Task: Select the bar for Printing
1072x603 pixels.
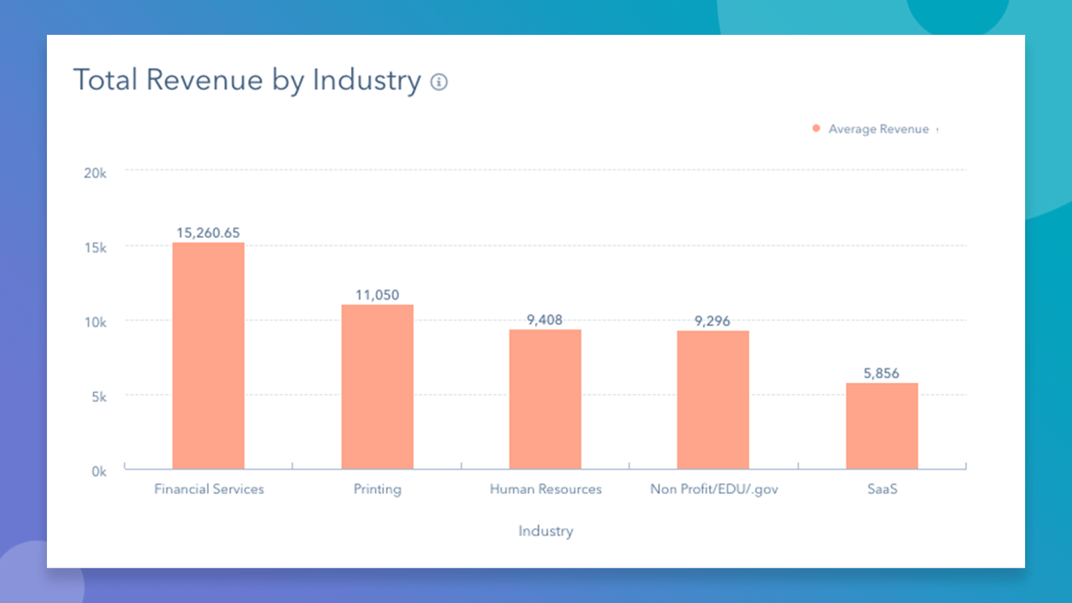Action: pyautogui.click(x=377, y=387)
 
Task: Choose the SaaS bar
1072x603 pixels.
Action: pyautogui.click(x=882, y=425)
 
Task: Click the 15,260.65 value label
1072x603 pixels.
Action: pyautogui.click(x=208, y=232)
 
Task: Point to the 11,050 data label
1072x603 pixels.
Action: pyautogui.click(x=377, y=295)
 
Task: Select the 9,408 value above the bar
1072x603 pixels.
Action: pyautogui.click(x=545, y=320)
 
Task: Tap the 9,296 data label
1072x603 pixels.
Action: pyautogui.click(x=712, y=321)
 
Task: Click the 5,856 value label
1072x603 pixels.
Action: pyautogui.click(x=881, y=373)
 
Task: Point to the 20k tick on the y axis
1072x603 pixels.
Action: pyautogui.click(x=95, y=173)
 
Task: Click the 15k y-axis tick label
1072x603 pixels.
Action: pyautogui.click(x=95, y=248)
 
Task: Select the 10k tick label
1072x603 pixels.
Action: pyautogui.click(x=95, y=322)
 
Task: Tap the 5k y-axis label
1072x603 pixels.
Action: pyautogui.click(x=99, y=397)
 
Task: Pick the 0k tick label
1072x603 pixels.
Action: pyautogui.click(x=99, y=471)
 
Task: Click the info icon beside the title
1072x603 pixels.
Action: pyautogui.click(x=439, y=82)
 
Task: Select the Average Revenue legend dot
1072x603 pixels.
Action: pyautogui.click(x=816, y=128)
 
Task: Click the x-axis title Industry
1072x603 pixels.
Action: pyautogui.click(x=545, y=531)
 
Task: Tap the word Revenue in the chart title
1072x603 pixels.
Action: pyautogui.click(x=204, y=80)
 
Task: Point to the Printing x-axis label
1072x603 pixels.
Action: pyautogui.click(x=377, y=489)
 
